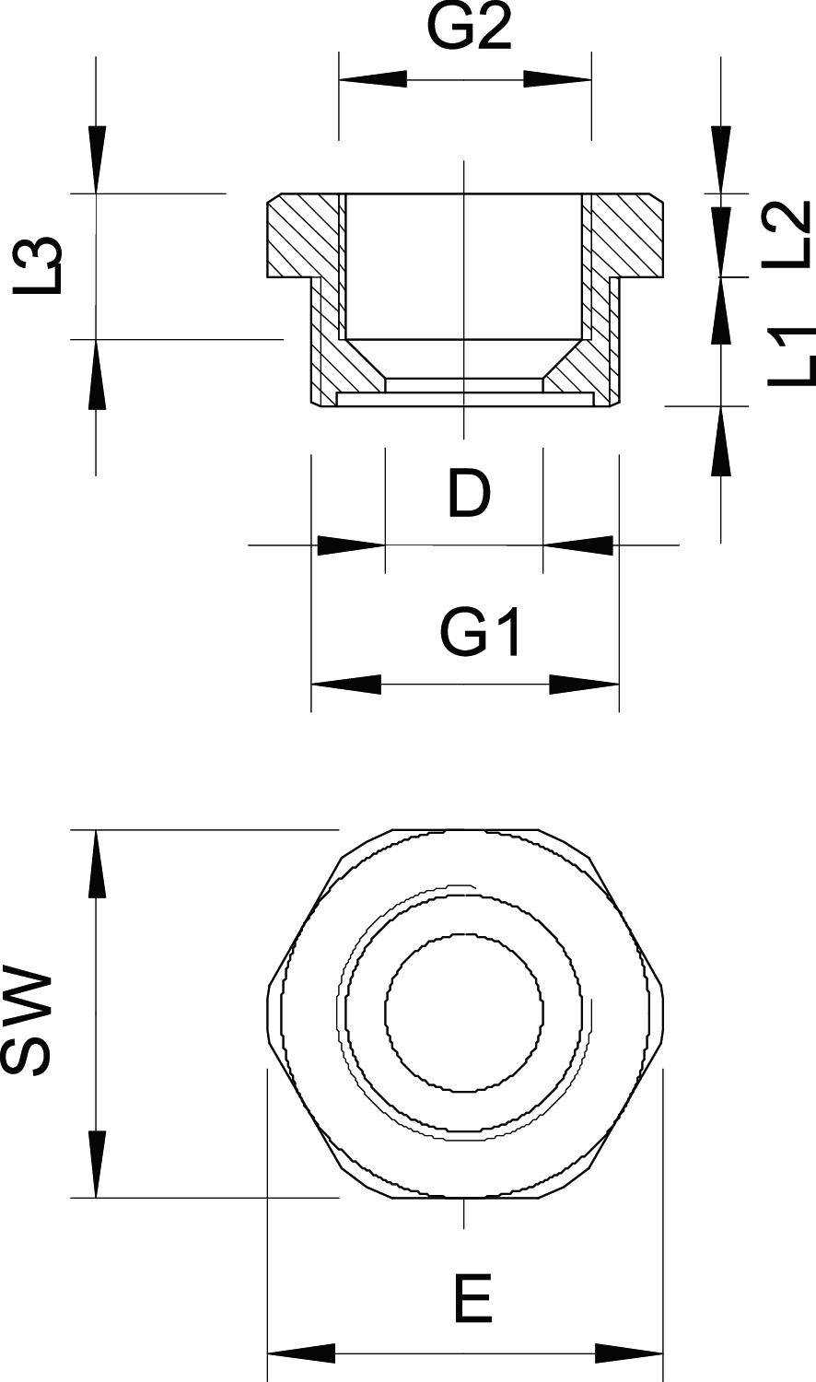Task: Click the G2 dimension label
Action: point(469,30)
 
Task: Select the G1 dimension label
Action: point(481,634)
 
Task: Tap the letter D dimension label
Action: point(469,495)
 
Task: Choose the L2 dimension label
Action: point(787,234)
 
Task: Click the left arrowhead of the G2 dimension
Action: point(373,79)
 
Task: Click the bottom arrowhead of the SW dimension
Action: point(96,1165)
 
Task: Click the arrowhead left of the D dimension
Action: point(350,545)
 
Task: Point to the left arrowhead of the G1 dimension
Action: point(346,685)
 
